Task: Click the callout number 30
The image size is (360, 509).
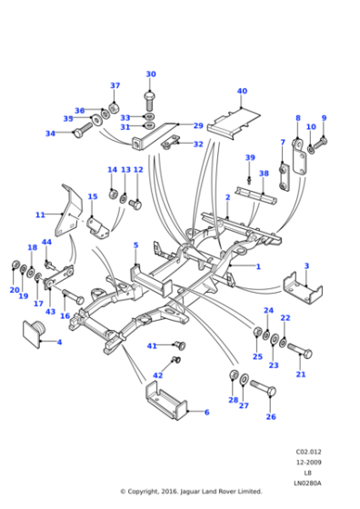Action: coord(151,75)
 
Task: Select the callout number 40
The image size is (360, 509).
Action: coord(242,91)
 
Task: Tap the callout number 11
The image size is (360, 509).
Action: coord(40,215)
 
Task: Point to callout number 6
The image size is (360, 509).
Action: coord(206,412)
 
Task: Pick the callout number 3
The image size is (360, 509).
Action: coord(306,266)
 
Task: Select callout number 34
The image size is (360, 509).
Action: coord(50,134)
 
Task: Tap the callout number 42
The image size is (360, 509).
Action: coord(158,375)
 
